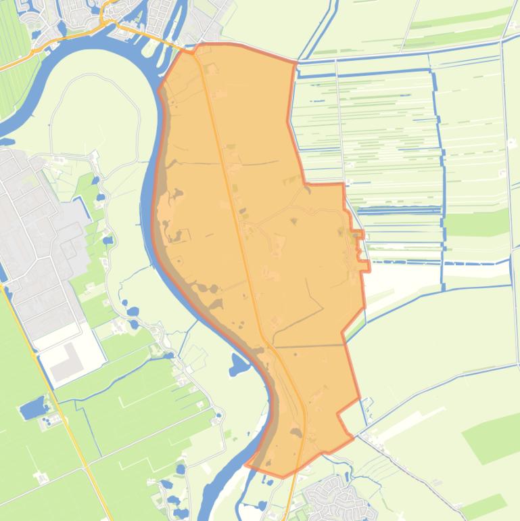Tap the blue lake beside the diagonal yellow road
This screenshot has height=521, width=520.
pos(32,408)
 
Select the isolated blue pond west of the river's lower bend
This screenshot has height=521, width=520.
pos(239,365)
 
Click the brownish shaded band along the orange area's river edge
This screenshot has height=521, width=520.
pos(203,291)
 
